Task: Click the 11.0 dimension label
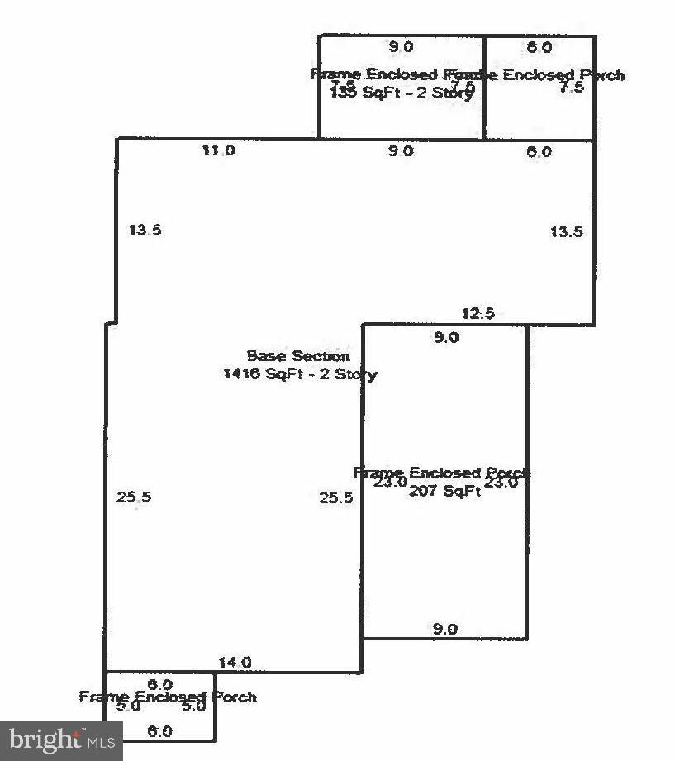pyautogui.click(x=219, y=150)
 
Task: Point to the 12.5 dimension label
pyautogui.click(x=478, y=313)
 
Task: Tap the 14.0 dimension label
pyautogui.click(x=235, y=662)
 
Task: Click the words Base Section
pyautogui.click(x=298, y=356)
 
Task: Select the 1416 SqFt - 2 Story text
pyautogui.click(x=300, y=374)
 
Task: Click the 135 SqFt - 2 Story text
pyautogui.click(x=402, y=93)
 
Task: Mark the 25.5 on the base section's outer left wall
pyautogui.click(x=134, y=497)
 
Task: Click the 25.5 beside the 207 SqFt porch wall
pyautogui.click(x=336, y=497)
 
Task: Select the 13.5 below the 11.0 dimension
pyautogui.click(x=145, y=231)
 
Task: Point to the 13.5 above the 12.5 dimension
pyautogui.click(x=566, y=232)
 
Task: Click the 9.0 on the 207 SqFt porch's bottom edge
pyautogui.click(x=444, y=630)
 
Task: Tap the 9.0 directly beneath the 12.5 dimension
pyautogui.click(x=446, y=337)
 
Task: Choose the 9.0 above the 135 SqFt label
pyautogui.click(x=401, y=47)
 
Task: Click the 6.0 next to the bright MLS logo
pyautogui.click(x=159, y=732)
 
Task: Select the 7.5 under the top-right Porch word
pyautogui.click(x=571, y=88)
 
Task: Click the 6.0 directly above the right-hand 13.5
pyautogui.click(x=539, y=152)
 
